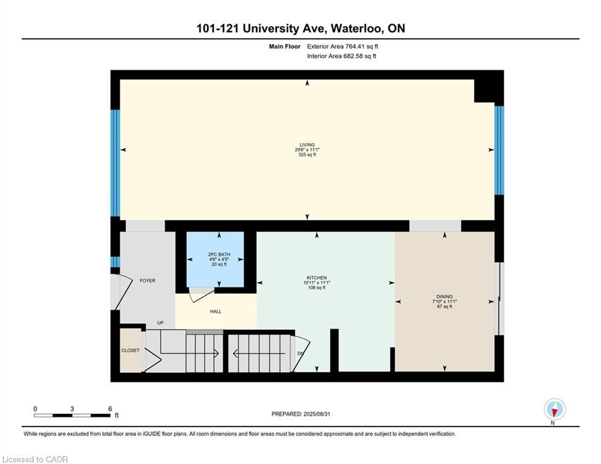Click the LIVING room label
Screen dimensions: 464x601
click(307, 145)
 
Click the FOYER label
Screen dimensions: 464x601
click(147, 280)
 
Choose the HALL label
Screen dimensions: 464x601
click(216, 312)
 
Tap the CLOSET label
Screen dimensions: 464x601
click(130, 350)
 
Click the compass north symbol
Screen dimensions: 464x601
click(554, 410)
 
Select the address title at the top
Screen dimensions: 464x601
click(300, 28)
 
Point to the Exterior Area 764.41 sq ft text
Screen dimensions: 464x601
click(342, 46)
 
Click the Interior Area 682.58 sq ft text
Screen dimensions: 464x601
click(341, 56)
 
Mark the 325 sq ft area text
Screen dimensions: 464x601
click(307, 155)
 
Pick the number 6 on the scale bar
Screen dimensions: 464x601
click(110, 408)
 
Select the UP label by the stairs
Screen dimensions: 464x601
click(161, 323)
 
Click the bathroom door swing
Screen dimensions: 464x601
click(201, 295)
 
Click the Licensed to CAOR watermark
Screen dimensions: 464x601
click(35, 459)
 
